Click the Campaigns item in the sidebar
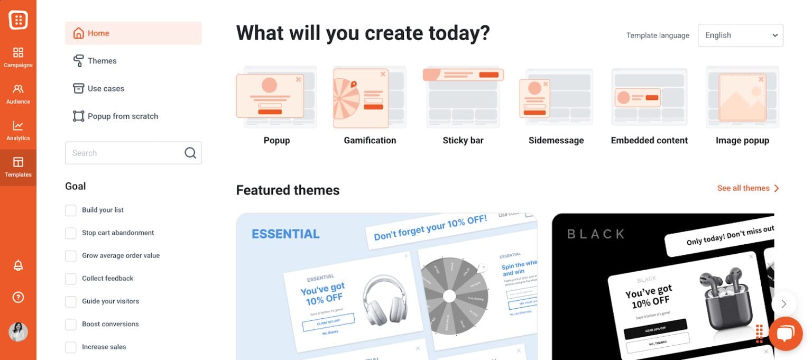(x=18, y=57)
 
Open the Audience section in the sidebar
(x=18, y=94)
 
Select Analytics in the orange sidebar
(x=18, y=130)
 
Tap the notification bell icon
(x=18, y=265)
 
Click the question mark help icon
(x=18, y=297)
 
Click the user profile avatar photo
(x=18, y=332)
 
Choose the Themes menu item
(x=101, y=61)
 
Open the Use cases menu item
(x=105, y=88)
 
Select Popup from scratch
(x=122, y=116)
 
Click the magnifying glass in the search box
(x=190, y=153)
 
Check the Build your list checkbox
(x=71, y=210)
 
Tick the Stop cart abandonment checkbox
(x=71, y=233)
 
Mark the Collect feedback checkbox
(x=71, y=279)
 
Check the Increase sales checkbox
(x=71, y=347)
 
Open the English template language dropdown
(x=740, y=35)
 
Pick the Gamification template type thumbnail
(x=370, y=98)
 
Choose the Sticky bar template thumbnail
(x=463, y=98)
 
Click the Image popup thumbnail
(x=742, y=98)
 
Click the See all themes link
(x=748, y=188)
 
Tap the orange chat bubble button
(x=786, y=334)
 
